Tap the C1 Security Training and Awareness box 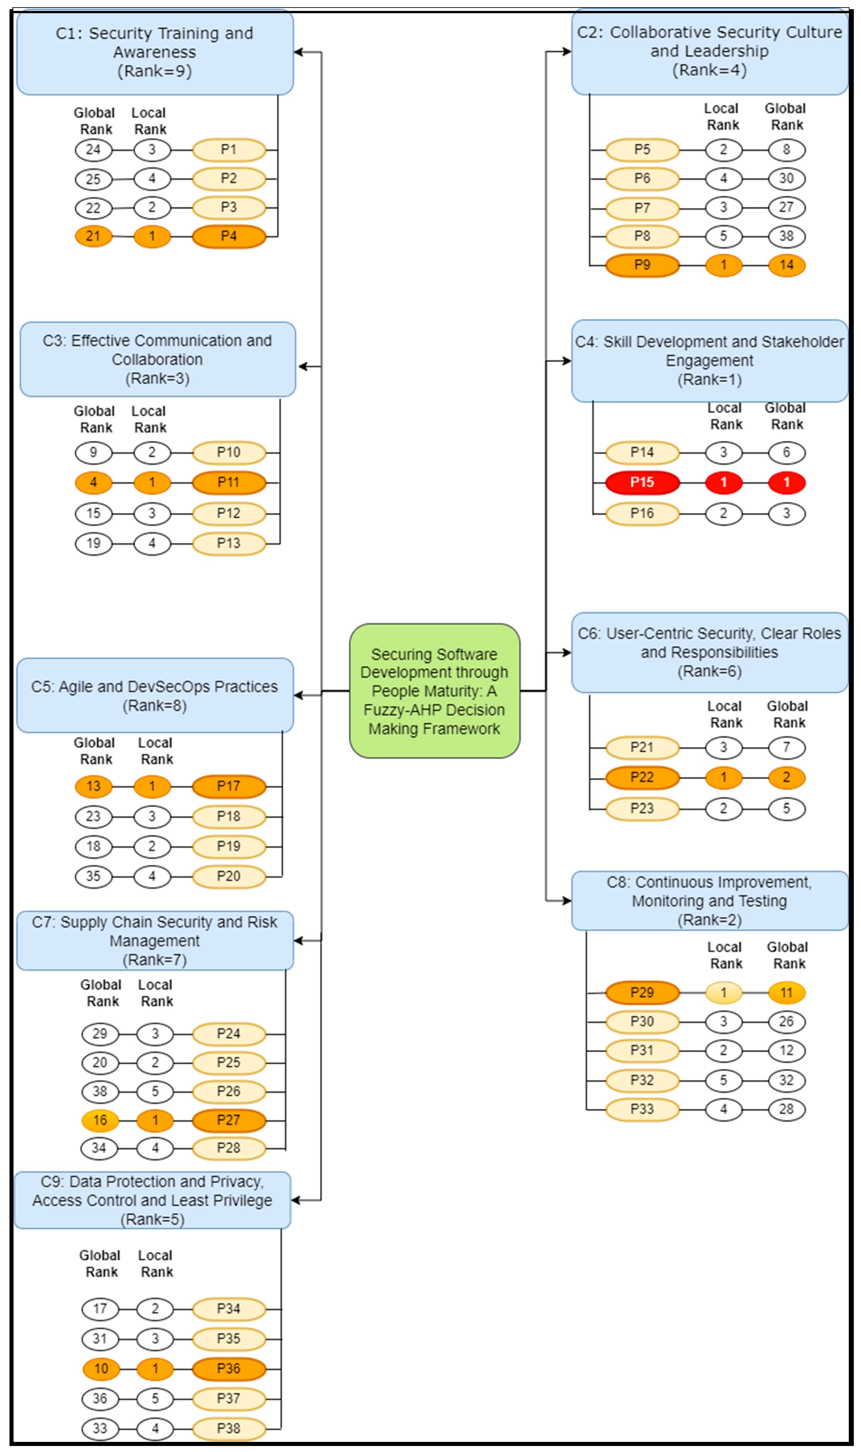155,52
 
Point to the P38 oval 229,1428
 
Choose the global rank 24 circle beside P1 93,150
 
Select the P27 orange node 229,1120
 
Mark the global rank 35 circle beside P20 93,876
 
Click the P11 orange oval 229,482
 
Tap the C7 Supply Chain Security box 155,940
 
